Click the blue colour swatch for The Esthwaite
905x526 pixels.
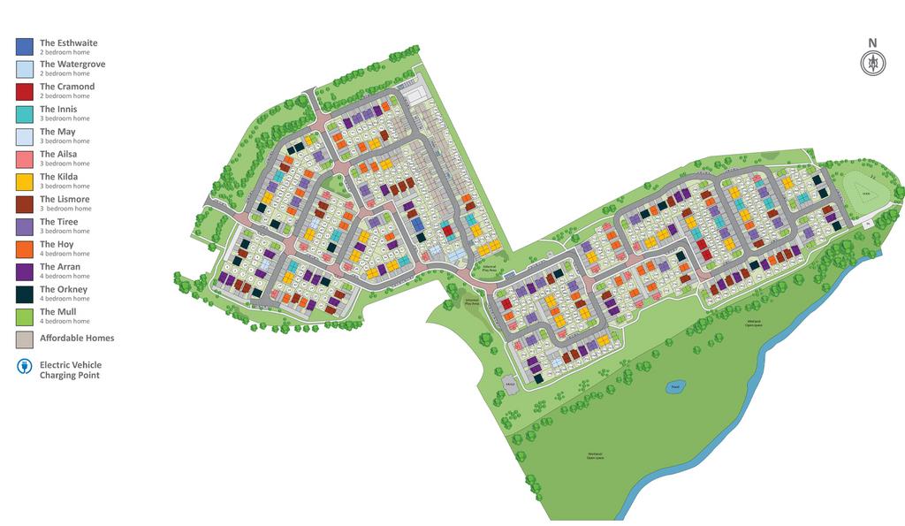24,46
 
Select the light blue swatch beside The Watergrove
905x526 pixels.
24,68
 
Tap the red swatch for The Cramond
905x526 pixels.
24,91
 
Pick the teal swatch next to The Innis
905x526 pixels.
24,113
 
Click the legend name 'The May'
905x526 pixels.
57,132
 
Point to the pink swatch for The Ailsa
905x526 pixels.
24,158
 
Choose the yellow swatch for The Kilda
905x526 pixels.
24,181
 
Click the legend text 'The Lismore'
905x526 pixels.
65,199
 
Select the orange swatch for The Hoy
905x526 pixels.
24,248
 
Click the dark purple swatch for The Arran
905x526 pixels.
24,271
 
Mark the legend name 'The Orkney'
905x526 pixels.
64,289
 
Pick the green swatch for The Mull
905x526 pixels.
24,316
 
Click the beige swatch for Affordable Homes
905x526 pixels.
24,339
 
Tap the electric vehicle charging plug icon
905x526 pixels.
24,367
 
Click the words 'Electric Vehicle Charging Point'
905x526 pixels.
71,370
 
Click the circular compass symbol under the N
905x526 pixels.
873,63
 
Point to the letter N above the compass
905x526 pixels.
873,42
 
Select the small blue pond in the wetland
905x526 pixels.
675,386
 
